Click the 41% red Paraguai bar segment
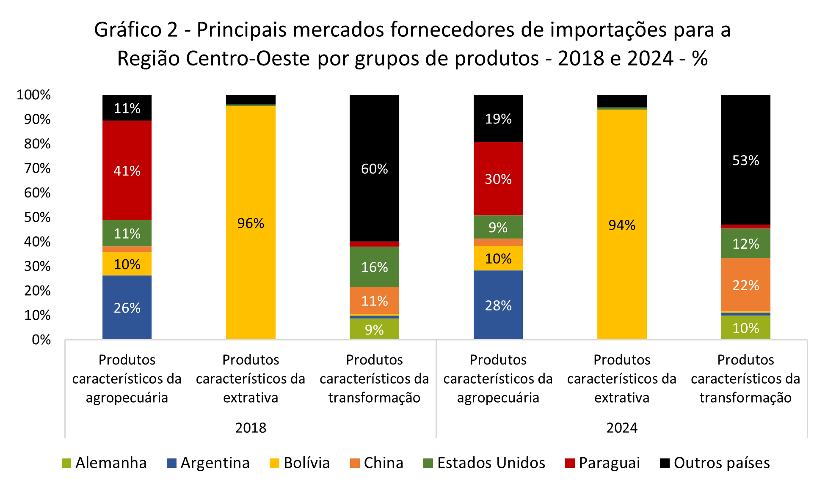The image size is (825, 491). [127, 170]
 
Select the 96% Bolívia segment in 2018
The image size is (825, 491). [251, 223]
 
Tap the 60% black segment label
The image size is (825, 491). [374, 169]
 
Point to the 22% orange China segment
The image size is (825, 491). [745, 285]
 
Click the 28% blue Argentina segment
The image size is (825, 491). [498, 305]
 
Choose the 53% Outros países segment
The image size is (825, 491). [745, 160]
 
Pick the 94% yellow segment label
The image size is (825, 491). [621, 225]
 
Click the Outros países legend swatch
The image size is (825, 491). [665, 463]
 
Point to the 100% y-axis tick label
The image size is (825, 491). [34, 95]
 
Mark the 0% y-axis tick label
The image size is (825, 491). [41, 340]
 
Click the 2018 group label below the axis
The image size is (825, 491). [251, 428]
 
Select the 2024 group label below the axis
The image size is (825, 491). [621, 428]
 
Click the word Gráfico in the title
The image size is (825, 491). [128, 30]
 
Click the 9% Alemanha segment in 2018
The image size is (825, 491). [374, 329]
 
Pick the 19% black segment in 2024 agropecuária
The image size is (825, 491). [498, 119]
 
